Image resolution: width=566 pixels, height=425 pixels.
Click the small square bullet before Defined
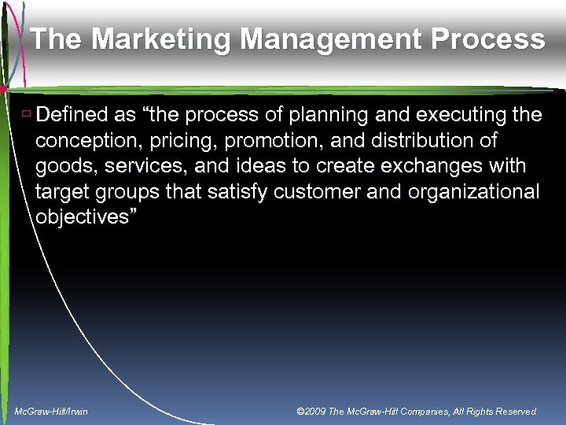[x=26, y=115]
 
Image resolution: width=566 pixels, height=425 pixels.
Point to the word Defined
[x=74, y=116]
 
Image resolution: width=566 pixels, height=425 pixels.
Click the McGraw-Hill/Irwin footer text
[x=51, y=412]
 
